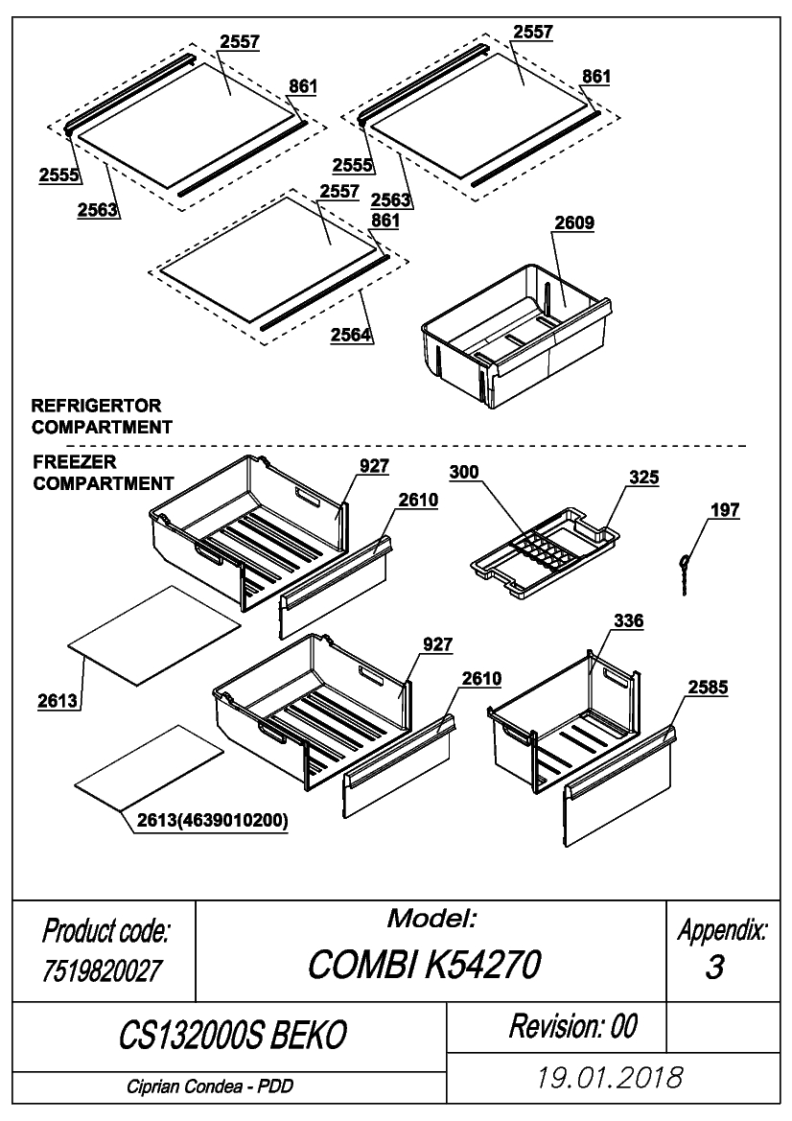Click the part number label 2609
click(574, 223)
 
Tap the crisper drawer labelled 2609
click(516, 335)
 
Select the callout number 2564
click(350, 335)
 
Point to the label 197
click(724, 510)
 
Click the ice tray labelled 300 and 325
click(545, 551)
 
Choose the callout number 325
click(644, 478)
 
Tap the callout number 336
click(628, 620)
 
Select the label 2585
click(708, 688)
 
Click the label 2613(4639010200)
click(212, 821)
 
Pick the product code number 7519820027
click(103, 970)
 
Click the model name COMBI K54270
click(425, 965)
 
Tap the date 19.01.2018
click(610, 1077)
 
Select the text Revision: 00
click(572, 1026)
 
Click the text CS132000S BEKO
click(233, 1035)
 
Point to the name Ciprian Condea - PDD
click(210, 1086)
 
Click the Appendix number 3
click(714, 968)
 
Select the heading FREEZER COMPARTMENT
click(103, 473)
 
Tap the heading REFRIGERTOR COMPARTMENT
click(102, 416)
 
